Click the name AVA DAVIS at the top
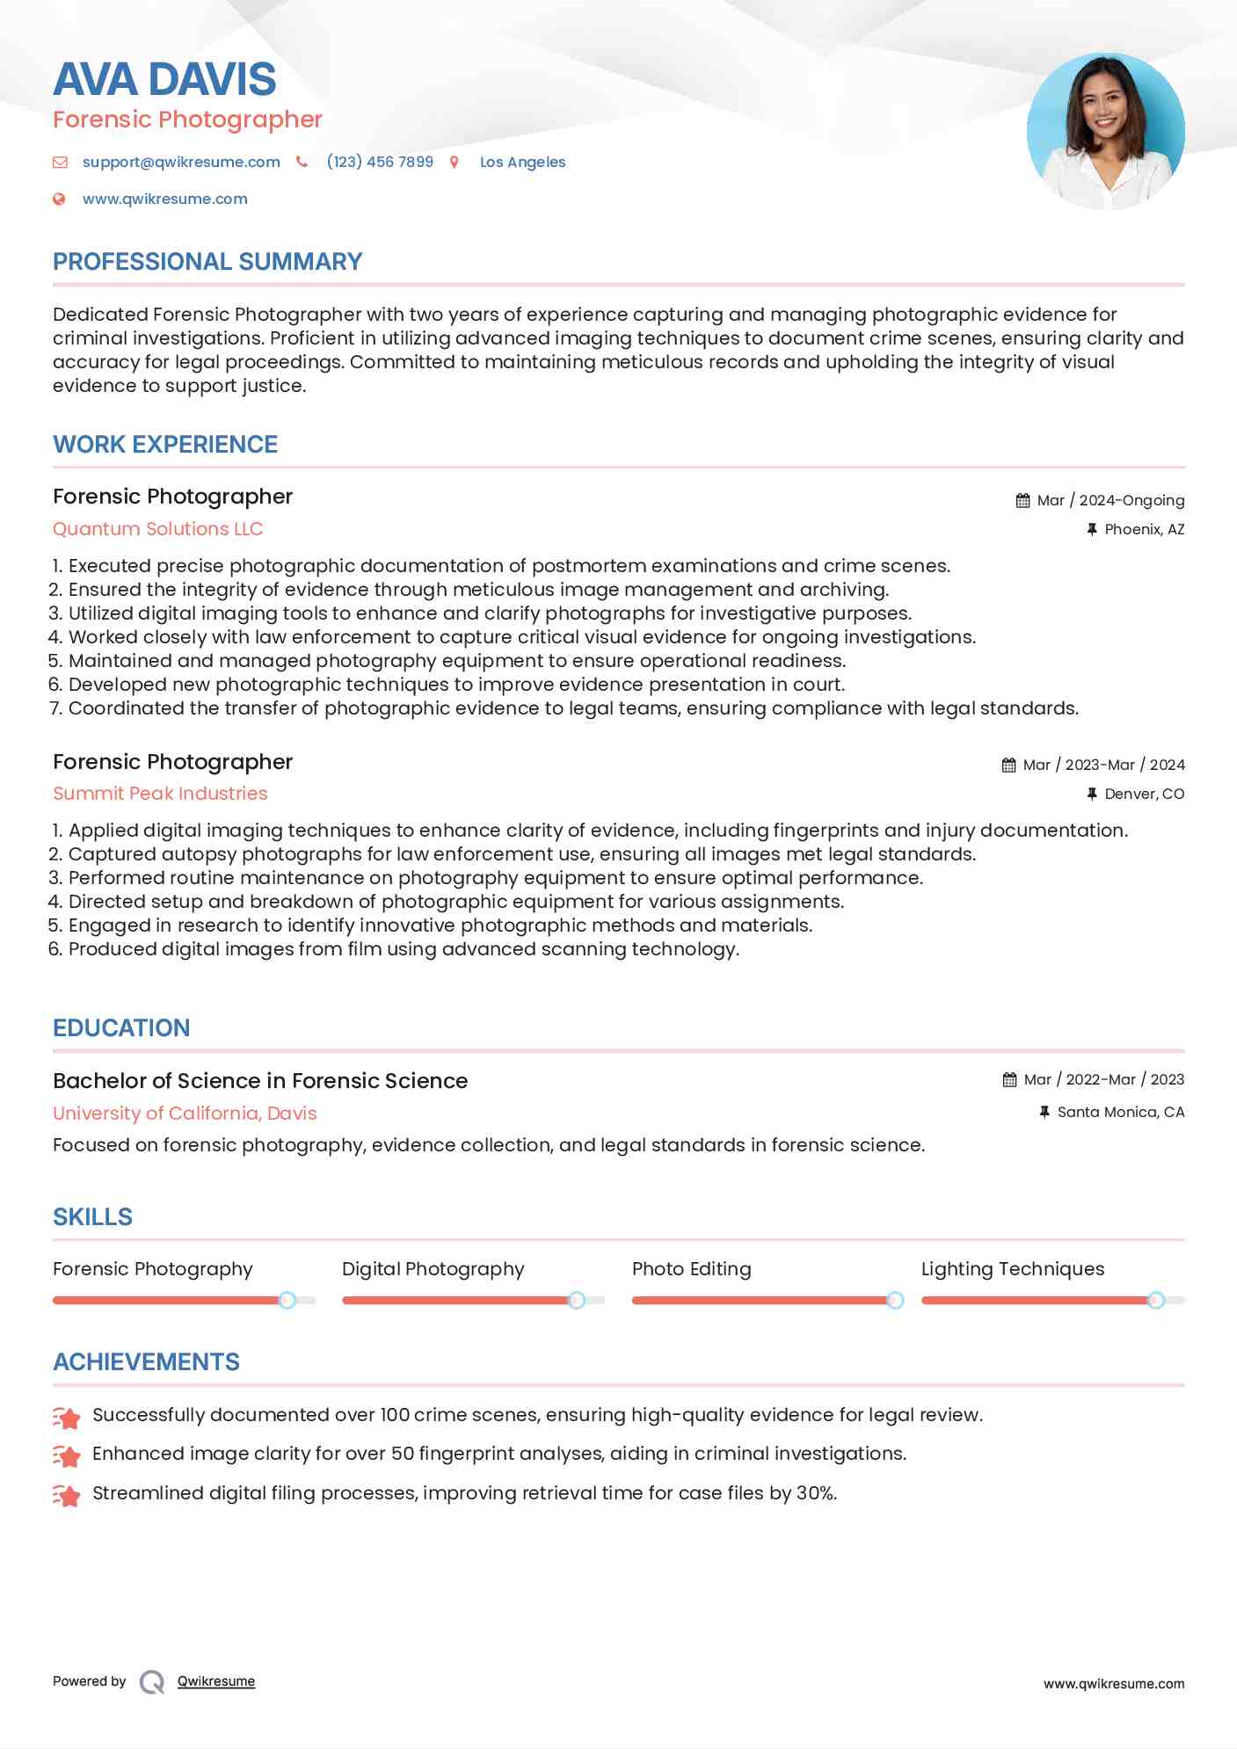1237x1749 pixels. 164,79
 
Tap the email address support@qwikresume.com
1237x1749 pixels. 181,162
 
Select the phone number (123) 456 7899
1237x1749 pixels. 380,162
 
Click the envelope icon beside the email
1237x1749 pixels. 60,162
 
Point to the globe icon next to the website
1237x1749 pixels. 59,199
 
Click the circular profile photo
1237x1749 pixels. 1105,131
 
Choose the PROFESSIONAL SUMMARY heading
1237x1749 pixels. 207,262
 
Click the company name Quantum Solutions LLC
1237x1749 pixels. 157,529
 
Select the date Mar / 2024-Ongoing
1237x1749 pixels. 1110,500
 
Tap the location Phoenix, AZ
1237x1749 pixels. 1144,529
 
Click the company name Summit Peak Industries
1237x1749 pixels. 160,794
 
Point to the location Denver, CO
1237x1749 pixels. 1144,794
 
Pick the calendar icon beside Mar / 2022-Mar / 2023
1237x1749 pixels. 1009,1079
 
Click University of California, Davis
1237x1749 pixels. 185,1114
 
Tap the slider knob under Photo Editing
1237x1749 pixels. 895,1300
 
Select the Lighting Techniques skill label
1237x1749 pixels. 1012,1269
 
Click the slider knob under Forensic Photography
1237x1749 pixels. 287,1300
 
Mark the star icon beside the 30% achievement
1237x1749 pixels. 67,1495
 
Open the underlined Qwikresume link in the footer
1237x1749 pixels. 216,1681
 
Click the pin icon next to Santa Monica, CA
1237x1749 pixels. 1044,1112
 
